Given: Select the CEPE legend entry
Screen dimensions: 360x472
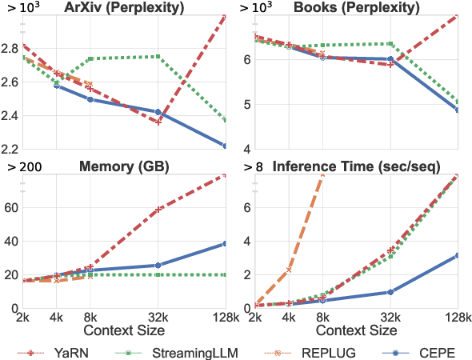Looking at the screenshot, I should click(x=433, y=351).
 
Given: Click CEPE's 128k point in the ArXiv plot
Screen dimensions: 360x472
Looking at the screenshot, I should click(x=226, y=146).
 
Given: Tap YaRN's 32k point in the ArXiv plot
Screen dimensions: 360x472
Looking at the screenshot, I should click(x=158, y=122).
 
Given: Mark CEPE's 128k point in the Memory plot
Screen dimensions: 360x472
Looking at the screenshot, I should click(x=226, y=243).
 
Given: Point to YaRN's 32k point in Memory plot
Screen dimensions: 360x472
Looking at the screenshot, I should click(x=158, y=209).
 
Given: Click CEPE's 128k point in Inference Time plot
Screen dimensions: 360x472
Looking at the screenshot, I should click(x=458, y=255).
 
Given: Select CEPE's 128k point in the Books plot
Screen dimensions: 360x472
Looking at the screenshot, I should click(x=458, y=110).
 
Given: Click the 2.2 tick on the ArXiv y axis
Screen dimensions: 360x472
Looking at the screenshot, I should click(x=12, y=150).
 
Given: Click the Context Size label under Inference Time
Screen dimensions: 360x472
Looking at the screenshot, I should click(x=358, y=330).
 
